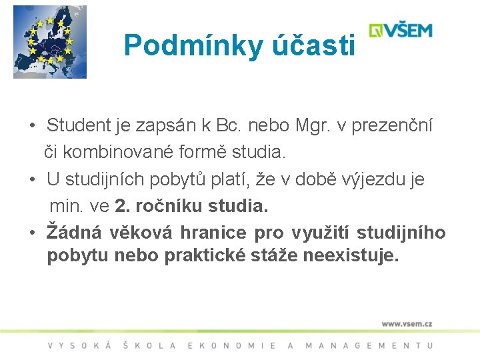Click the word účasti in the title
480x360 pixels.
311,45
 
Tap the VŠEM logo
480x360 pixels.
401,31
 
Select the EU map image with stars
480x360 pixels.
50,42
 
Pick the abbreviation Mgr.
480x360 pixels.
307,125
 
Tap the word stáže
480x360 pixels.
278,257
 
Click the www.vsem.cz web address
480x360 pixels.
407,323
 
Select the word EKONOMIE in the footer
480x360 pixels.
232,345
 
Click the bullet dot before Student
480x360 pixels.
32,125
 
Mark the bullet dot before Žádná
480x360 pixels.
32,233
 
